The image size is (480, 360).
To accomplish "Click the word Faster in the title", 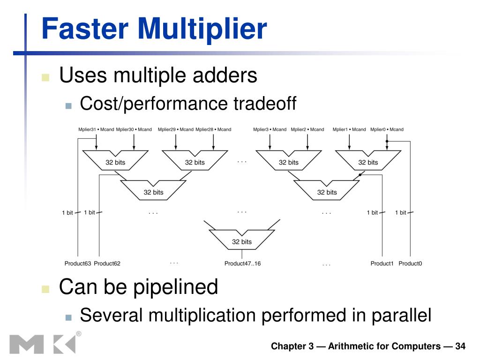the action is tap(85, 29).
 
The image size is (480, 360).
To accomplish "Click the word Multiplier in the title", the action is tap(202, 30).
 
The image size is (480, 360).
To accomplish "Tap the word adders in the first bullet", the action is tap(225, 75).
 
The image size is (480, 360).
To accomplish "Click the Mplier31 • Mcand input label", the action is tap(96, 129).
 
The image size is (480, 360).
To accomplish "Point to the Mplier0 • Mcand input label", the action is tap(387, 129).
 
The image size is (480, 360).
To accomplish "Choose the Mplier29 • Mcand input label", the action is tap(176, 129).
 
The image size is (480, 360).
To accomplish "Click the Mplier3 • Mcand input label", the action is tap(270, 129).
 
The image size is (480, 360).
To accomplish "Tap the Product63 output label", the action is tap(78, 263).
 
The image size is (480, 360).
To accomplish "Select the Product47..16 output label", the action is tap(242, 263).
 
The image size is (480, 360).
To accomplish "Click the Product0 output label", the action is tap(410, 263).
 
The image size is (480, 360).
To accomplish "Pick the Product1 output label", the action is tap(382, 263).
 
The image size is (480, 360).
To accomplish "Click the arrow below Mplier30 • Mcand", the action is tap(134, 142).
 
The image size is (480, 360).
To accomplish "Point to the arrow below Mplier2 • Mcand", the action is tap(307, 142).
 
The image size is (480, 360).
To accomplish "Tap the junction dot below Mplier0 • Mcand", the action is tap(387, 142).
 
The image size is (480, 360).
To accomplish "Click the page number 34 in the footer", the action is tap(460, 346).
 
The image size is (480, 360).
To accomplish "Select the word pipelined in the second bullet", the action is tap(176, 288).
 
